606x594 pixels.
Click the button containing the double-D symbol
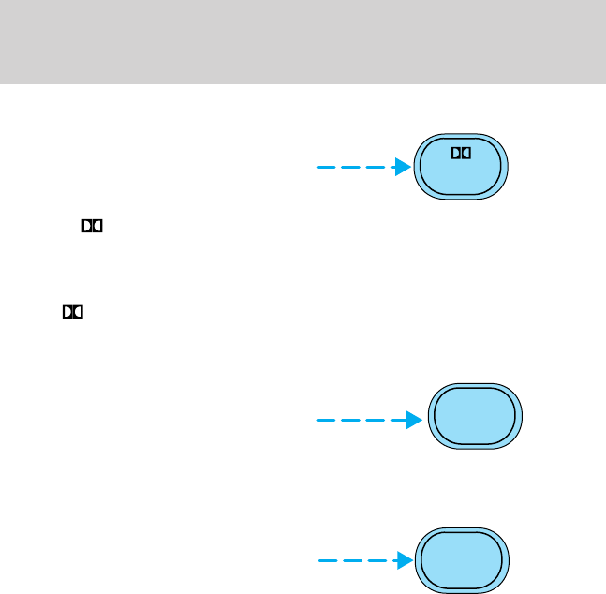[x=461, y=168]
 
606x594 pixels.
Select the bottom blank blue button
[x=461, y=561]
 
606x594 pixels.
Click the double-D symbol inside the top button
[x=460, y=152]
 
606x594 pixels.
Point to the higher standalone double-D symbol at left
[x=92, y=227]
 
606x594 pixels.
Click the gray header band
[x=303, y=42]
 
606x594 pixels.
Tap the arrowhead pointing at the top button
[x=402, y=168]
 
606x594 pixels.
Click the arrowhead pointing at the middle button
[x=415, y=421]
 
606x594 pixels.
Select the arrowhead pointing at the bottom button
[x=404, y=561]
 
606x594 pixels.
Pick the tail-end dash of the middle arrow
[x=325, y=421]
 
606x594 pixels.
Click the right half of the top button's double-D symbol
[x=465, y=152]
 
